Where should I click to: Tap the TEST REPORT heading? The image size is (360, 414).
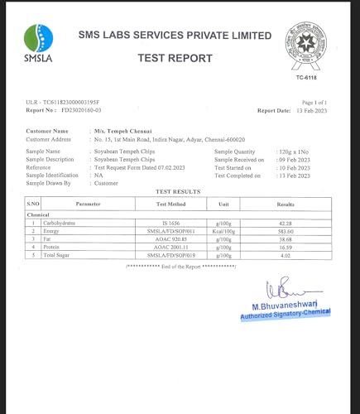point(175,59)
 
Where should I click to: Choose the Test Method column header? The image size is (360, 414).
point(171,203)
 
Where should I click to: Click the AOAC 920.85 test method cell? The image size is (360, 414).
point(171,239)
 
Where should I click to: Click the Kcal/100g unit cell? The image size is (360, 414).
point(223,231)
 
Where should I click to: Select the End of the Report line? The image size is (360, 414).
point(175,266)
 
